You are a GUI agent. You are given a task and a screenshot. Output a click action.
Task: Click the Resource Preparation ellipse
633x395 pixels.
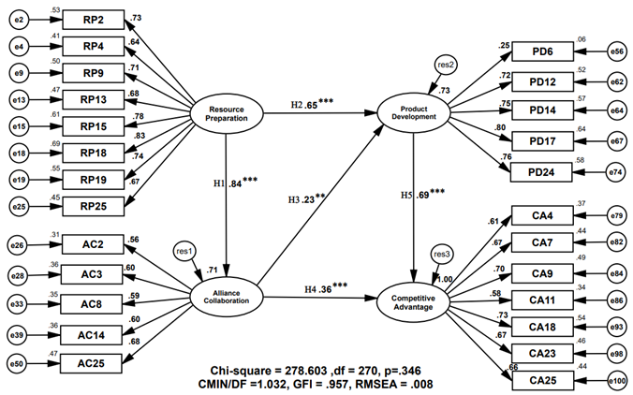226,115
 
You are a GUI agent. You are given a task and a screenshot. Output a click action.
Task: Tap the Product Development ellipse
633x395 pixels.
414,115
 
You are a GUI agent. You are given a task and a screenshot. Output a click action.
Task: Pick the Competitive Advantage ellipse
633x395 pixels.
414,299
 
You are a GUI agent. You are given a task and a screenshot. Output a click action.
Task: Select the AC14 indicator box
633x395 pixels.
93,334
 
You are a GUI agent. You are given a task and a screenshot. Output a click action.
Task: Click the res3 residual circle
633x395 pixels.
441,254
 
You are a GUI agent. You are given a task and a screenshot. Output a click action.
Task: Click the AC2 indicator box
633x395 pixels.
93,244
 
